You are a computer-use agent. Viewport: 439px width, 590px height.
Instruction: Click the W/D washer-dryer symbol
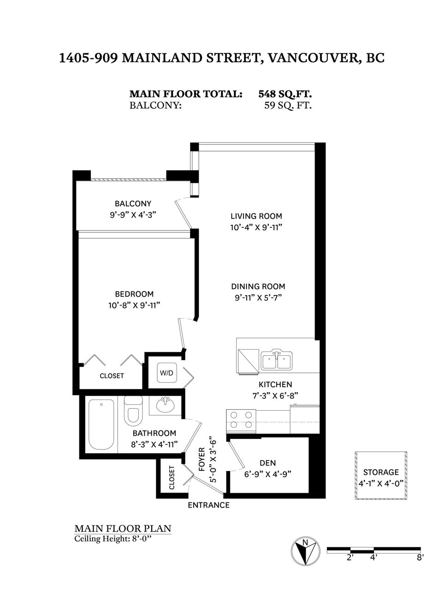[x=166, y=372]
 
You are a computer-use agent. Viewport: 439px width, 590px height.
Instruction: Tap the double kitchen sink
[x=277, y=360]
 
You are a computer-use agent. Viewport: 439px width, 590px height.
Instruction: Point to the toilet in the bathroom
[x=133, y=410]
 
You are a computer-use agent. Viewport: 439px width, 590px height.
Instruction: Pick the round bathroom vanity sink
[x=165, y=405]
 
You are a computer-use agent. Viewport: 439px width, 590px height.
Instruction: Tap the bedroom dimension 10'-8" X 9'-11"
[x=134, y=305]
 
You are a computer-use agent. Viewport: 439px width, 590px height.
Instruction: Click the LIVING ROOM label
[x=256, y=216]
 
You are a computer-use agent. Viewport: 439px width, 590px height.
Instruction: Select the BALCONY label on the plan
[x=133, y=204]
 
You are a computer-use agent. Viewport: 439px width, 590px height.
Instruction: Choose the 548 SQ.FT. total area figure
[x=285, y=94]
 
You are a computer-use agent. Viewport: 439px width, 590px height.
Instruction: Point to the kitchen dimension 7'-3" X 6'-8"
[x=275, y=395]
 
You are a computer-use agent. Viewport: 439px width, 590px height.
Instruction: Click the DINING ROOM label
[x=258, y=287]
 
